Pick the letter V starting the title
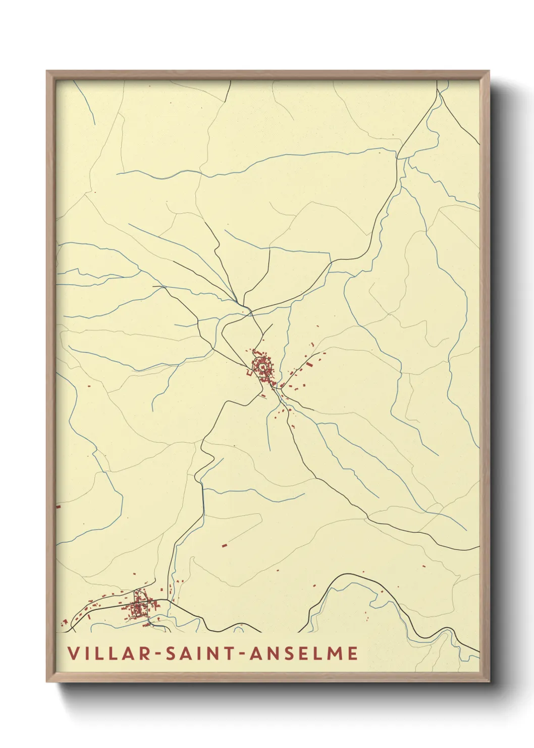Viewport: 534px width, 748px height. coord(73,653)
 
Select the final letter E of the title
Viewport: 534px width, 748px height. coord(353,653)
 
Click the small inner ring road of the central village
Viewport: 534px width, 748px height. coord(263,366)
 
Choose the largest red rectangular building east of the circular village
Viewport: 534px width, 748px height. coord(309,362)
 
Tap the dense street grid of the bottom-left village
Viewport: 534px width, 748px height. coord(137,610)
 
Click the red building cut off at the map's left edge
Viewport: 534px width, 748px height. coord(58,505)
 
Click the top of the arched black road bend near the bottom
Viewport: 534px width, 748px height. coord(348,575)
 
